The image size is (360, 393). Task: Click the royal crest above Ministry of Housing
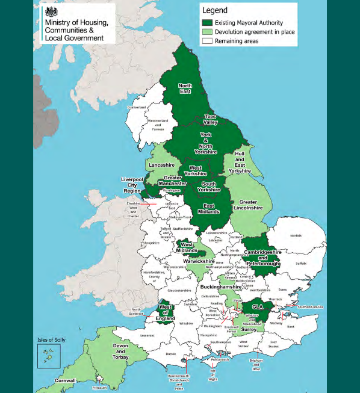tap(52, 13)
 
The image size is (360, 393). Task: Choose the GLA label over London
tap(258, 306)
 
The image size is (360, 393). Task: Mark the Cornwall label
tap(65, 381)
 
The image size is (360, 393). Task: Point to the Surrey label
tap(249, 330)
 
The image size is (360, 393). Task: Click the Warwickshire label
tap(199, 262)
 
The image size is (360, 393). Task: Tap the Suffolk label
tap(302, 262)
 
